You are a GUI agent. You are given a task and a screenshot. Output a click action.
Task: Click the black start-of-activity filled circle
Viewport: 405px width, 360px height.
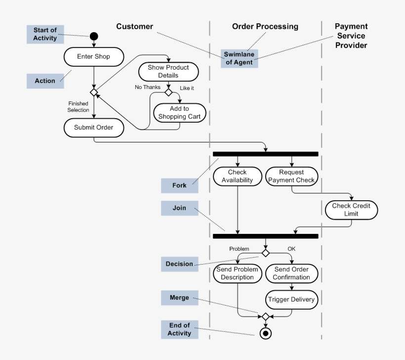[x=94, y=36]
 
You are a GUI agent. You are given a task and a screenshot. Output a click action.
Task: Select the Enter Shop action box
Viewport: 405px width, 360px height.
[x=93, y=56]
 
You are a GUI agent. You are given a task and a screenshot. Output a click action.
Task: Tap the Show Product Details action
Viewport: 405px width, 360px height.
[x=168, y=72]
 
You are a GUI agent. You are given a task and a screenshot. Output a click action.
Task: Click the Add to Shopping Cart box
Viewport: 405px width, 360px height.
[x=179, y=113]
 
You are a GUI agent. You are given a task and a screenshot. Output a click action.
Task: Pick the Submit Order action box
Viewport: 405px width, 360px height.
[x=94, y=128]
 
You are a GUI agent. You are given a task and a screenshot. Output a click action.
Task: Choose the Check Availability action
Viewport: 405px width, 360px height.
[x=237, y=177]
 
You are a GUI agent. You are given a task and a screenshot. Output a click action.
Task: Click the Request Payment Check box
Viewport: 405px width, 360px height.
[x=291, y=177]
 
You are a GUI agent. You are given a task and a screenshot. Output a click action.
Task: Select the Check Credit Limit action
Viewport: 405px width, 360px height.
[x=351, y=210]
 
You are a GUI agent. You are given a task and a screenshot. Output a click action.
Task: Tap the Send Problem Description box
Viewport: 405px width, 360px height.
[x=237, y=273]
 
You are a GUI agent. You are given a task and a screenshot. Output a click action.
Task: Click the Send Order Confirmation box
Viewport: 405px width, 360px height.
[x=291, y=273]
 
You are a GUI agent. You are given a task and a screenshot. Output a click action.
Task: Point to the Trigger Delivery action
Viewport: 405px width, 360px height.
[x=291, y=300]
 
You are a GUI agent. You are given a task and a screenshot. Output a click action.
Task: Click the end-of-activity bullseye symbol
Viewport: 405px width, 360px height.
[x=266, y=333]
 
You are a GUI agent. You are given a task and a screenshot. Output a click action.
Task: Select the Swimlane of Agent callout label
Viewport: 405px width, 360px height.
[x=239, y=58]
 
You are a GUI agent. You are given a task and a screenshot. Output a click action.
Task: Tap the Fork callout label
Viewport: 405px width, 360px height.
[x=179, y=185]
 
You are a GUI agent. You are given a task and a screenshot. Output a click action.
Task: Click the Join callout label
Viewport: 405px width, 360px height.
[x=179, y=208]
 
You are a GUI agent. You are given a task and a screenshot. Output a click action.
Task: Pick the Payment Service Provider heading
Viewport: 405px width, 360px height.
[x=351, y=36]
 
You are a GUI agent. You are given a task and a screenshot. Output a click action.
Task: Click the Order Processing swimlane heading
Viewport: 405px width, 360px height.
[x=265, y=27]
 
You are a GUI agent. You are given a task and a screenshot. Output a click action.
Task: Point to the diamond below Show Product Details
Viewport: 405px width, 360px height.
[x=168, y=92]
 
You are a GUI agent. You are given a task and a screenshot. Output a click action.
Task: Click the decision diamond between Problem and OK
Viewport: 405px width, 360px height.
[x=266, y=253]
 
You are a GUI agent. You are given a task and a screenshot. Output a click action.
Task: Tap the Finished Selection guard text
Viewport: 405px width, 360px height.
[x=79, y=107]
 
